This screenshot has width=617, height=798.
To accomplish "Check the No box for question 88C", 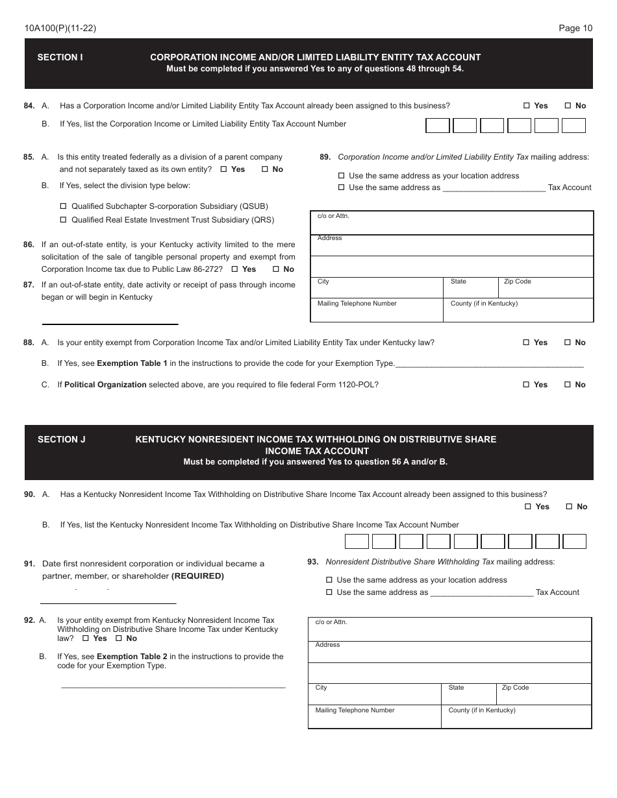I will coord(567,385).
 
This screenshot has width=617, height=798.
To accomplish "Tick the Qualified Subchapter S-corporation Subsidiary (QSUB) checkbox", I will coord(64,206).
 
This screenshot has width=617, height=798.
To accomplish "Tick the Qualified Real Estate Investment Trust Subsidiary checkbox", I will coord(64,220).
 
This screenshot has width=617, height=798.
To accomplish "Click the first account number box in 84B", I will coord(438,126).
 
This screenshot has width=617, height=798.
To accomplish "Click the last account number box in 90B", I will coord(574,542).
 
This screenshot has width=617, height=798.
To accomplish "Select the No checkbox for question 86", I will coord(275,269).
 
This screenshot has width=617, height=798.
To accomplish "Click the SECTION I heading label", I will coord(60,57).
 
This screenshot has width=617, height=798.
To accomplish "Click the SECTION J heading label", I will coord(62,439).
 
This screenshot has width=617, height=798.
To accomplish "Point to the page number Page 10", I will coord(575,28).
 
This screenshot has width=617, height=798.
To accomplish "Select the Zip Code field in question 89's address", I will coord(546,289).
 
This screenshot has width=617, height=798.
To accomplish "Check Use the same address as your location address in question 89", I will coord(342,176).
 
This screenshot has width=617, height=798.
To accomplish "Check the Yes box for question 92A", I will coord(86,638).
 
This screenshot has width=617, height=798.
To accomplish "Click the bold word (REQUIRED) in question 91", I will coord(197,576).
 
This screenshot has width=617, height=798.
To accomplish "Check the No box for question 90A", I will coord(569,507).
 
